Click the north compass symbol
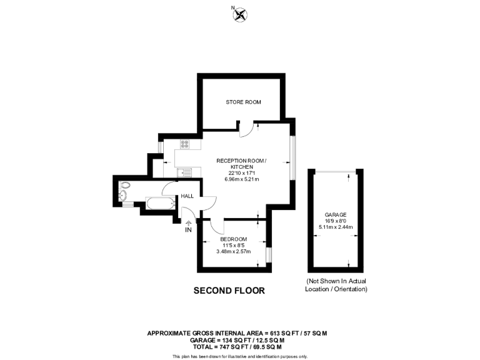[240, 15]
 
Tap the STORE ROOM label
[243, 102]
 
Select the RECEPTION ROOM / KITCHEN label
[241, 164]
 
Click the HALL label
[187, 196]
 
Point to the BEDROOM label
[233, 239]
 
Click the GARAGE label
[336, 214]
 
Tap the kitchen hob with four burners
[185, 144]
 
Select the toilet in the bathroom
[124, 186]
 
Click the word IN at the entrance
[188, 230]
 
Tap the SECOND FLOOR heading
[229, 291]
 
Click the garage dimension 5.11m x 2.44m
[336, 227]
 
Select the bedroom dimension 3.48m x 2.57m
[233, 252]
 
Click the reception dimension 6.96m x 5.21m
[241, 179]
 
